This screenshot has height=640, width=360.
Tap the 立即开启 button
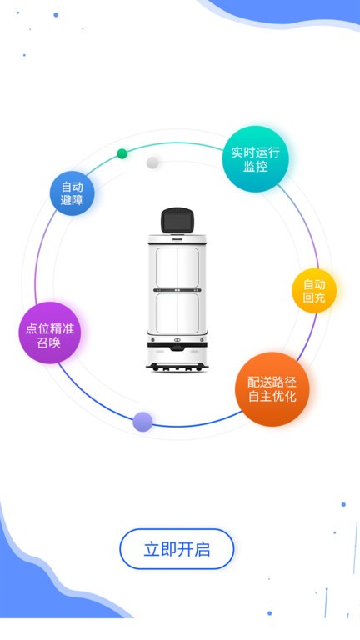[x=177, y=549]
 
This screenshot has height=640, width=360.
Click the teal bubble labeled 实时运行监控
[x=256, y=159]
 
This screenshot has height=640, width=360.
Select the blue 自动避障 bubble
[x=72, y=193]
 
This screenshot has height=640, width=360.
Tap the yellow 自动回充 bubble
[x=314, y=291]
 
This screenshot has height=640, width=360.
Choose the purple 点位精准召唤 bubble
[x=49, y=332]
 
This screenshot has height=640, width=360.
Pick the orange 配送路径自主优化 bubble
[x=272, y=389]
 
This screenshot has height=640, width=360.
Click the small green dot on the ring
[x=122, y=153]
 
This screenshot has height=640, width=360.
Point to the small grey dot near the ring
[x=152, y=162]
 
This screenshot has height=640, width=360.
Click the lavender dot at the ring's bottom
[x=142, y=422]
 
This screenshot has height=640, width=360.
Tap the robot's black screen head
[x=177, y=221]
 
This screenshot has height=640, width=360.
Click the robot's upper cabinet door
[x=177, y=267]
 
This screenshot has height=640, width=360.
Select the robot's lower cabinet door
[x=177, y=313]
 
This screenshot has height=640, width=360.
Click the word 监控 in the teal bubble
[x=256, y=166]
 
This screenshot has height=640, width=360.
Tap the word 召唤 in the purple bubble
[x=49, y=342]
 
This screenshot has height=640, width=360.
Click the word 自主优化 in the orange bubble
[x=272, y=397]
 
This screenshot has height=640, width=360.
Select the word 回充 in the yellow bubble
[x=314, y=297]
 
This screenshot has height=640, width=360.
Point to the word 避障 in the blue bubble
[x=72, y=200]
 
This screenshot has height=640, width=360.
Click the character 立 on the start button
[x=151, y=549]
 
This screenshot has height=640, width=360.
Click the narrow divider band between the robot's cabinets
[x=177, y=290]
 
